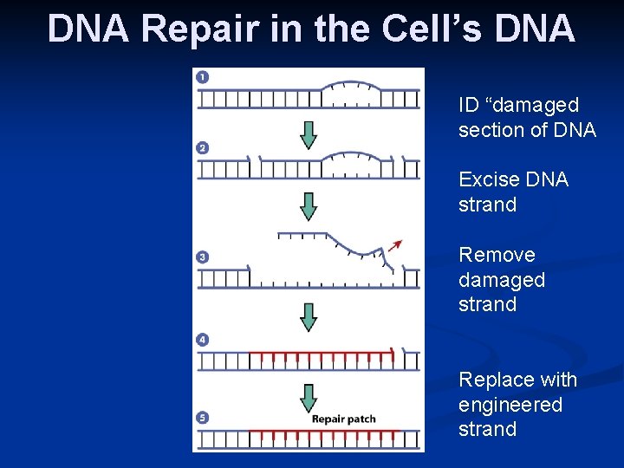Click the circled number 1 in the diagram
pos(203,77)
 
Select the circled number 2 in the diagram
pos(203,148)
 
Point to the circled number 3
pos(203,257)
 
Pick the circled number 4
pos(203,341)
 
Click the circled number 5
pos(203,418)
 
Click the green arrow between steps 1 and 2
pos(309,134)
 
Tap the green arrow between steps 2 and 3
pos(309,206)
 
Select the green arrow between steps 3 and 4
pos(309,316)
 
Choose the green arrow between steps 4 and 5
pos(309,397)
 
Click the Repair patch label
pos(344,419)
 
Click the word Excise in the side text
pos(487,179)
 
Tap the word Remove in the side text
pos(497,255)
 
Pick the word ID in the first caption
pos(468,105)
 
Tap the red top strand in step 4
pos(321,353)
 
